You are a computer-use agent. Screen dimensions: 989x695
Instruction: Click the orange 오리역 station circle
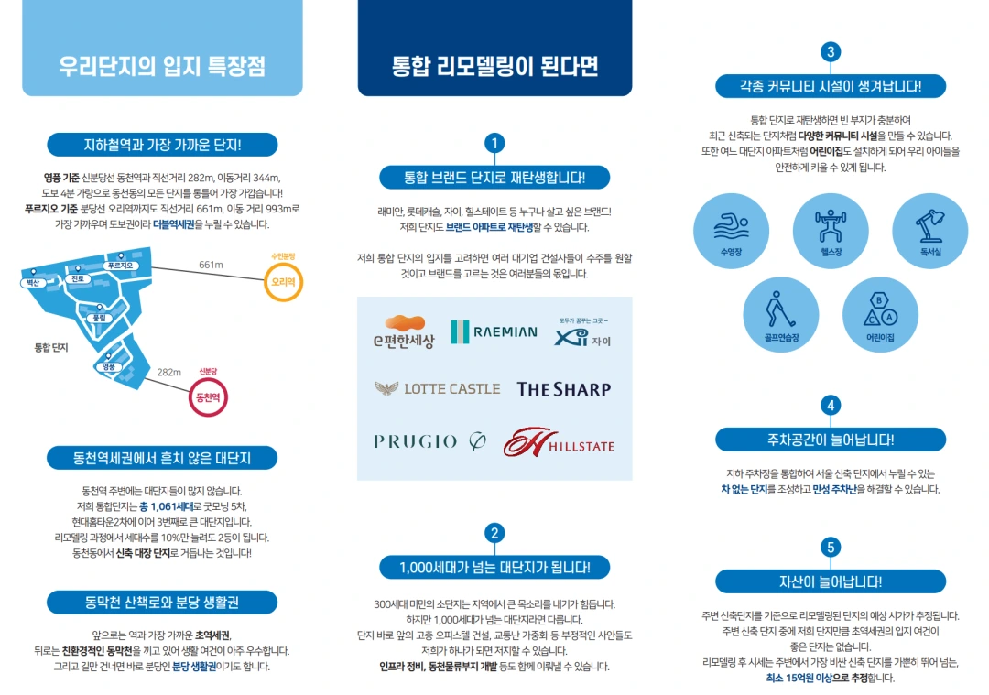coord(282,282)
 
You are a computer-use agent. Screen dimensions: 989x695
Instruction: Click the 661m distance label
coord(212,265)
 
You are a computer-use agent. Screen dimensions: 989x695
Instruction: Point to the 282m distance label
coord(169,372)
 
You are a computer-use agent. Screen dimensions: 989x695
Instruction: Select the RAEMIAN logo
coord(494,331)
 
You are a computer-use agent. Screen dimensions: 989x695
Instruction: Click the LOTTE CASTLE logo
coord(438,388)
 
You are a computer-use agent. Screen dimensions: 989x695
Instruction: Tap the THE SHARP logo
coord(563,389)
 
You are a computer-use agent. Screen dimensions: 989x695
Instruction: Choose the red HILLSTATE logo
coord(559,442)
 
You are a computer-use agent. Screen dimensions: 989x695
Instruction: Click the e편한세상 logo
coord(404,332)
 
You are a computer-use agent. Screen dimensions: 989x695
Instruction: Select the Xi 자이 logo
coord(582,335)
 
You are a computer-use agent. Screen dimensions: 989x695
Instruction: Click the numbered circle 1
coord(494,143)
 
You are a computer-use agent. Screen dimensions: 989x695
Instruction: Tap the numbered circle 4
coord(831,406)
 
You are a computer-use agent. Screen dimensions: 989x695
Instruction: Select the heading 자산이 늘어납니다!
coord(831,581)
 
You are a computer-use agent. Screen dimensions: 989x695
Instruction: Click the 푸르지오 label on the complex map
coord(120,266)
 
